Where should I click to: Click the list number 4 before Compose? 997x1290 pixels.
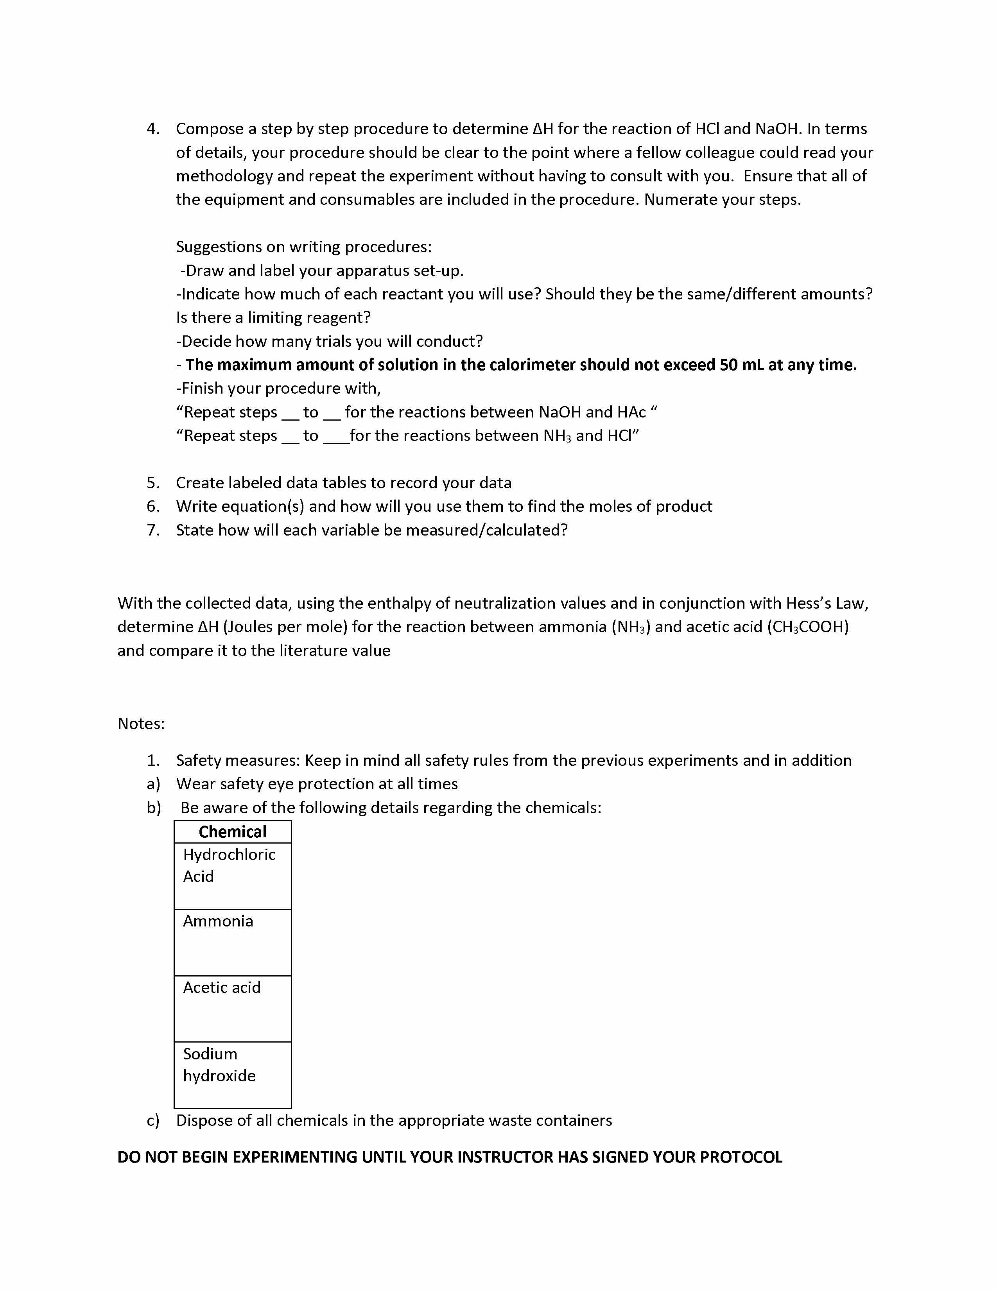point(152,129)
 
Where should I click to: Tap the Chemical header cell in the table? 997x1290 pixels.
point(232,831)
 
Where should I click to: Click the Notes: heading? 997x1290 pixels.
point(141,724)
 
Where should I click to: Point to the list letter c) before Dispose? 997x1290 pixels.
point(153,1120)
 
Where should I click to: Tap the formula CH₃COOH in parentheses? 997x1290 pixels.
point(807,627)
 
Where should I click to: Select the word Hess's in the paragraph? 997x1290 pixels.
point(809,603)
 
